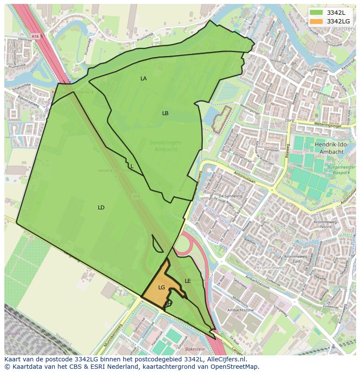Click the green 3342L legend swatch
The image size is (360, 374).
(316, 12)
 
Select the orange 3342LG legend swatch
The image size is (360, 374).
(316, 21)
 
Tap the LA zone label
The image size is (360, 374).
(143, 79)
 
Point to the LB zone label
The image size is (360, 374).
(165, 113)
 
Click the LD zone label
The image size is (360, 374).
(101, 208)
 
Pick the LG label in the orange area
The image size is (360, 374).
(162, 288)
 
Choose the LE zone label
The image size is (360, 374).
(188, 281)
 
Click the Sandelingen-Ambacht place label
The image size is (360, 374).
(166, 146)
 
